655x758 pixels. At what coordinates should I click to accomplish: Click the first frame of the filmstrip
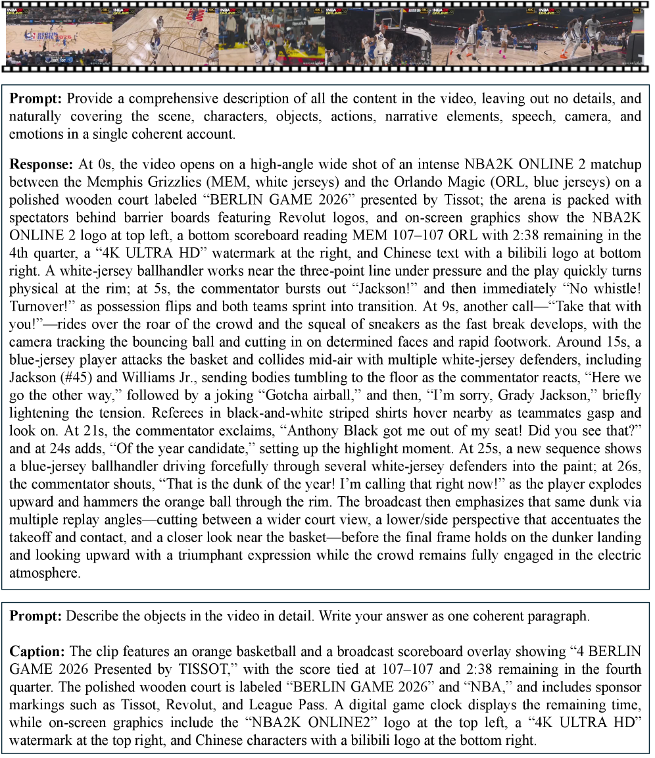point(58,36)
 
